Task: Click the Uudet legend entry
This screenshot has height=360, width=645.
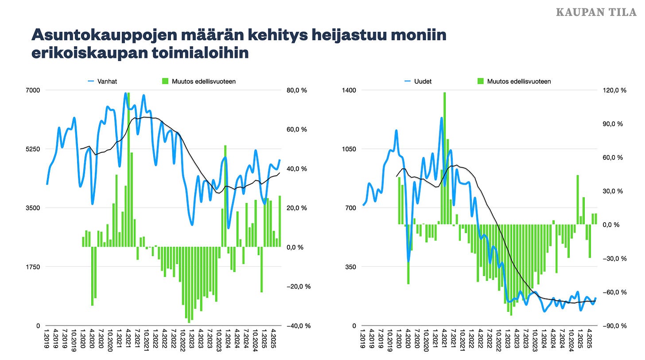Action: pos(418,81)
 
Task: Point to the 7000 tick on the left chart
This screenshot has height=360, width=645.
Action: pos(34,90)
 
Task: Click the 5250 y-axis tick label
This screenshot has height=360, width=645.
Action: pos(34,149)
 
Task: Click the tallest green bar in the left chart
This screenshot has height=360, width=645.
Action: pos(129,177)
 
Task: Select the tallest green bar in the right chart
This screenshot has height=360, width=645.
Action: pos(444,159)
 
